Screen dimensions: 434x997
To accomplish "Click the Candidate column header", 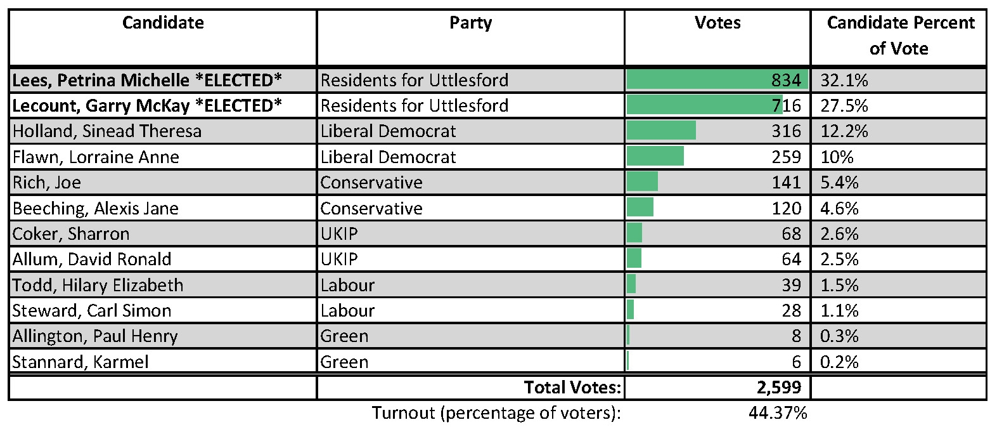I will tap(163, 23).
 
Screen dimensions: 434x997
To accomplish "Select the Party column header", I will tap(470, 23).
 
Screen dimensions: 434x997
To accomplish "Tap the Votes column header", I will tap(717, 23).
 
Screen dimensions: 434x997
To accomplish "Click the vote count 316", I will tap(786, 131).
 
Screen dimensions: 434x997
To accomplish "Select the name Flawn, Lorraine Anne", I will tap(96, 157).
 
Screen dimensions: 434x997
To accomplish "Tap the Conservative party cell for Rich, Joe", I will tap(371, 183).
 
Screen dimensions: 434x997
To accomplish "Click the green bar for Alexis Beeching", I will tap(640, 208).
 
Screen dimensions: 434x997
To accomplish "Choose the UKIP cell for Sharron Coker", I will tap(339, 234).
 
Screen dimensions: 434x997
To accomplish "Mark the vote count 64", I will tap(791, 260).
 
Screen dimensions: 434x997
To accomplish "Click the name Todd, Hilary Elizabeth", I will tap(98, 286).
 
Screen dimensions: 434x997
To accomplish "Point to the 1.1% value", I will tap(839, 311).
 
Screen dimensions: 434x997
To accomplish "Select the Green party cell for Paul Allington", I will tap(344, 336).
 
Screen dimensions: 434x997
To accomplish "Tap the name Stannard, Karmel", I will tap(80, 362).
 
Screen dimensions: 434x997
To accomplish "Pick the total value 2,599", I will tap(778, 387).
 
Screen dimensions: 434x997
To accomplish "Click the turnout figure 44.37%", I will tap(778, 413).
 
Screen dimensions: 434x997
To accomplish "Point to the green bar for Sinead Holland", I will tap(661, 131).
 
